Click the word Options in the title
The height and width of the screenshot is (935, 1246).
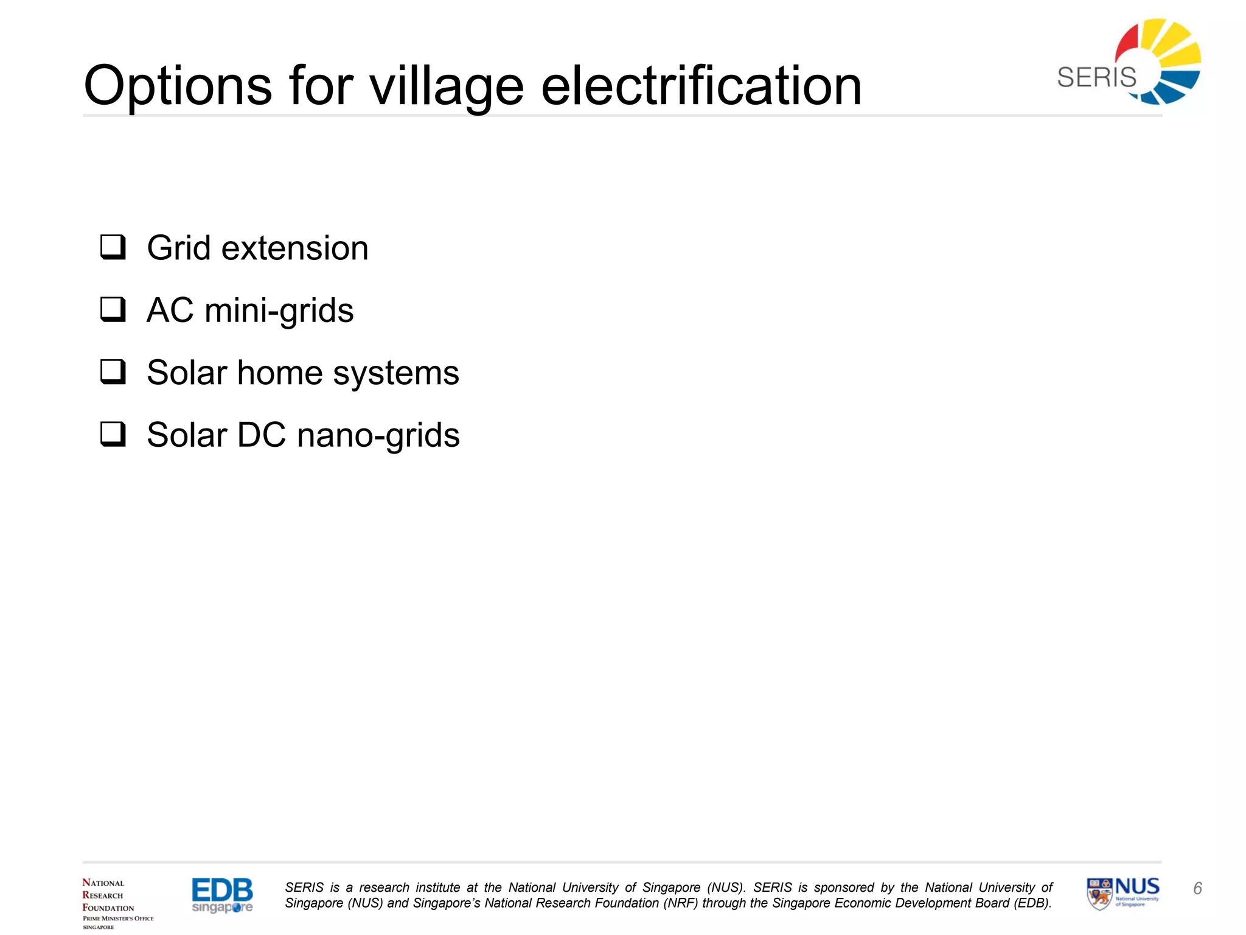(178, 86)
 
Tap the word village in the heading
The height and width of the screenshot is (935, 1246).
(447, 86)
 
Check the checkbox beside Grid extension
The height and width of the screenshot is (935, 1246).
(113, 248)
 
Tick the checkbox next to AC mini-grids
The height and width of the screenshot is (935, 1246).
(113, 310)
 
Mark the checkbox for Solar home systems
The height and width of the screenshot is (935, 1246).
(113, 372)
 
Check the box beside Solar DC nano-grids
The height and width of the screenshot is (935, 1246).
(113, 435)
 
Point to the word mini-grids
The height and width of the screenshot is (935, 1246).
(279, 311)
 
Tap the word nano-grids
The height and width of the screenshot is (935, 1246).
(378, 435)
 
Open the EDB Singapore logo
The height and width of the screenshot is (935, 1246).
(222, 895)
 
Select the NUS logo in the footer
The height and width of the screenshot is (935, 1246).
(1123, 894)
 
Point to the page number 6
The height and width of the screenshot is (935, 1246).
(1197, 889)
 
